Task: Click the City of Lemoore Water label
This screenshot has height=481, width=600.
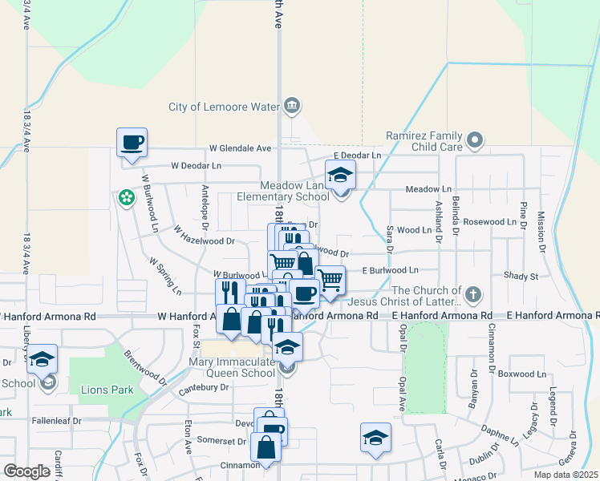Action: (222, 107)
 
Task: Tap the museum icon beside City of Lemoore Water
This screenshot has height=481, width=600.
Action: (291, 106)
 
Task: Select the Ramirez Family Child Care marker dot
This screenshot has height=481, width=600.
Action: (475, 141)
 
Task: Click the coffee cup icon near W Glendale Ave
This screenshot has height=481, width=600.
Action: (132, 143)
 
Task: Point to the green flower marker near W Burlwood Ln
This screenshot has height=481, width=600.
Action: (126, 196)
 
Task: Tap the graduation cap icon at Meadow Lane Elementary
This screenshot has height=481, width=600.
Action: (340, 175)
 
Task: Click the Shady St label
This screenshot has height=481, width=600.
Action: (521, 276)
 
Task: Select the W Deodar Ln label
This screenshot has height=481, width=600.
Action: (196, 166)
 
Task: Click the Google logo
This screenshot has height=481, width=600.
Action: (27, 471)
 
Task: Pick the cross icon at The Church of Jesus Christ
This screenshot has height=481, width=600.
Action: (474, 293)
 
